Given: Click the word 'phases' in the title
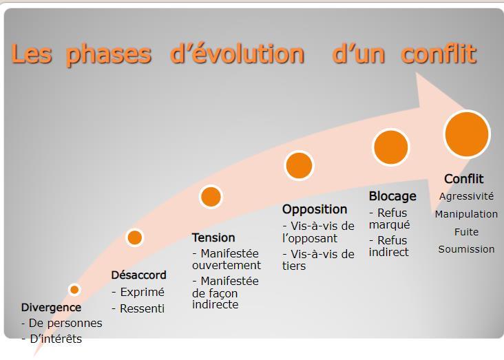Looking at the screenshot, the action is point(109,54).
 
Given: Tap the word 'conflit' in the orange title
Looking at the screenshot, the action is point(439,53).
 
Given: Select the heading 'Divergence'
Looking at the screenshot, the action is point(51,308).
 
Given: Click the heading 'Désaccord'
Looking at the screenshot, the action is point(139,275).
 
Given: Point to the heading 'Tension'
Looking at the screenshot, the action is point(213,238).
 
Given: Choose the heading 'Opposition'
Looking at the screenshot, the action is point(315,209).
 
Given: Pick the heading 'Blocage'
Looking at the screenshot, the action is point(392,196).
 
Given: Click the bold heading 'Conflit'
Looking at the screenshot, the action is point(464,179).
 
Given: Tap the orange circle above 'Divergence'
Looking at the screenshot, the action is point(74,290).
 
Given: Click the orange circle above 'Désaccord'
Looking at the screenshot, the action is point(135,238).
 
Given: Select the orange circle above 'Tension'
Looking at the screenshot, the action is point(211,197).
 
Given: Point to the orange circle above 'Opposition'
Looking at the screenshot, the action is point(299,165).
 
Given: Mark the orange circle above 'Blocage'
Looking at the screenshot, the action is point(391,147).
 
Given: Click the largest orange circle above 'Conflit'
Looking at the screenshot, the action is point(467,134).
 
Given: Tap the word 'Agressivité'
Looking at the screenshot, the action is point(466,196).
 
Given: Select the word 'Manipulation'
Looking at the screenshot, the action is point(466,214).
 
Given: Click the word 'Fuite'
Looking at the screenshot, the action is point(466,232).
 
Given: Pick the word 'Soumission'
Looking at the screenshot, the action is point(466,249).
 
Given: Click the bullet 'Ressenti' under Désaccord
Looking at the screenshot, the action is point(142,309).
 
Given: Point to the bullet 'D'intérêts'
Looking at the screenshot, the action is point(56,339).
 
